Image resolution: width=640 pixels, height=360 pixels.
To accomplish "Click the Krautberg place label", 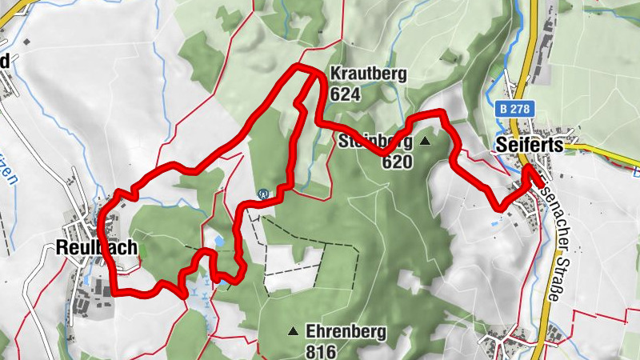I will point(368,74).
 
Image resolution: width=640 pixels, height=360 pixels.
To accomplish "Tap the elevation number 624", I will point(345,94).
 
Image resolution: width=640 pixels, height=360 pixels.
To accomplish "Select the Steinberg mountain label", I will point(374,143).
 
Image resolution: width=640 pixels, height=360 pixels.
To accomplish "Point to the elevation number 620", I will point(396,162).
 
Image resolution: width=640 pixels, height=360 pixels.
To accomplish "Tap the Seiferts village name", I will point(529,145).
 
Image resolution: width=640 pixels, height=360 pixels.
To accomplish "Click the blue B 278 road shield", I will point(513,108).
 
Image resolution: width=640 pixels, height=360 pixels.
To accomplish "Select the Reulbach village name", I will point(97,248).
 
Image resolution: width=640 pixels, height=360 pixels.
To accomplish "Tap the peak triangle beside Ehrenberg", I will point(294,330).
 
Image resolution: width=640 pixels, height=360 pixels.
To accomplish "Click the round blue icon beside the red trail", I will point(263,193).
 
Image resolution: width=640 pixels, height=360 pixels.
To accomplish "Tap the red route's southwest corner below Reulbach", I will point(114,293).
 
